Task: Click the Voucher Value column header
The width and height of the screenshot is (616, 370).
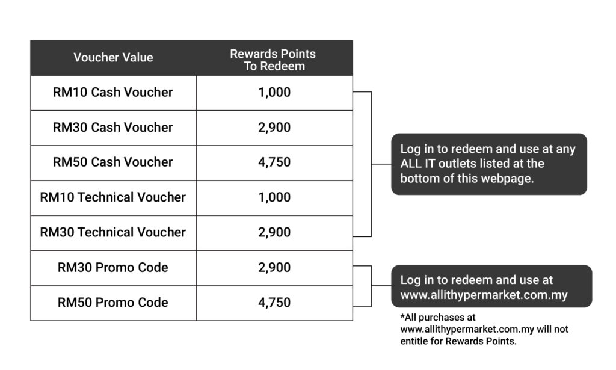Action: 113,57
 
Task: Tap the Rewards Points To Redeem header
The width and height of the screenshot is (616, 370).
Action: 273,60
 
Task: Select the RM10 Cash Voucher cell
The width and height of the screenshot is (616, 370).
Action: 112,92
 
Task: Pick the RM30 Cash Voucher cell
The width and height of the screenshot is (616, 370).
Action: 112,128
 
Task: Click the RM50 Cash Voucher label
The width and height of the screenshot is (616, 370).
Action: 112,162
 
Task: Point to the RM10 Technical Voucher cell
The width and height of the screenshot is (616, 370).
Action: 112,197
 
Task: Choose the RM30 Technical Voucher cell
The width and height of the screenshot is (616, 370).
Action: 112,232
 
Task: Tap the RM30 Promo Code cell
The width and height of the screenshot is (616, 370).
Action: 112,268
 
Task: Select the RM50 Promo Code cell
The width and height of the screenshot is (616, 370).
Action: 112,303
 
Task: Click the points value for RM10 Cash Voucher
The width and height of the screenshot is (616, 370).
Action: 274,92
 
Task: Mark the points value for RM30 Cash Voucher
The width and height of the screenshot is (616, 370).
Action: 274,128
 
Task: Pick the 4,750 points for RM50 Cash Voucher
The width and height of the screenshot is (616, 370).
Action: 274,162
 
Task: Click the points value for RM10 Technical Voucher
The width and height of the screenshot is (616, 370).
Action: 274,197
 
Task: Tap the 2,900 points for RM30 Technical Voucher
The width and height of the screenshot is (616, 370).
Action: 274,232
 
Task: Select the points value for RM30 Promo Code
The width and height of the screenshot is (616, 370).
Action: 274,268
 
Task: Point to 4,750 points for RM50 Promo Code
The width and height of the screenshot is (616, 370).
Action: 274,303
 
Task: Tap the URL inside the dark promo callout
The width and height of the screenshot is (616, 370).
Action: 484,295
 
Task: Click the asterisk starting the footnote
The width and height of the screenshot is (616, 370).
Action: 402,315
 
